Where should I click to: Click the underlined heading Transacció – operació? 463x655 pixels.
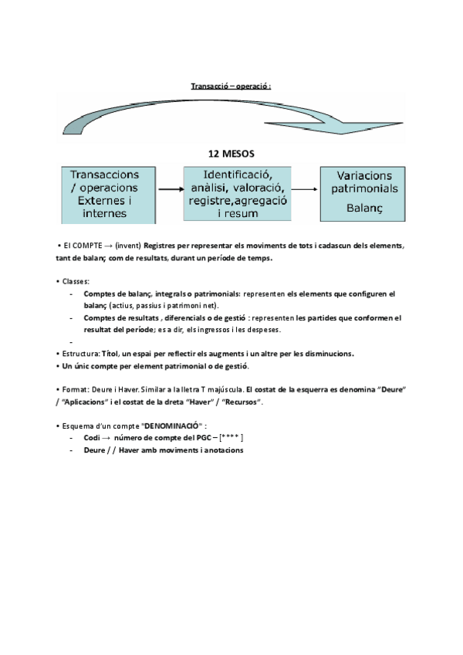coord(231,86)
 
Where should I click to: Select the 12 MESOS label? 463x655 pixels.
coord(231,154)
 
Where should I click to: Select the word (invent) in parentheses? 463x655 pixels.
coord(127,246)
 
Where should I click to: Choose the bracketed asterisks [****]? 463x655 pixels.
coord(231,438)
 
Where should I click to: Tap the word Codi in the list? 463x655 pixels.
coord(92,438)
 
